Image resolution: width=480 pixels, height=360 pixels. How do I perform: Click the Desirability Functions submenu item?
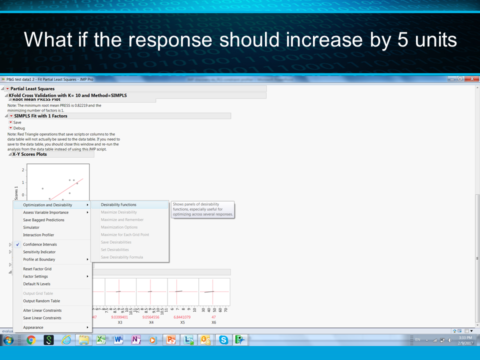pos(118,204)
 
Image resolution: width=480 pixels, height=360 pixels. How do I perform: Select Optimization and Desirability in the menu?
pos(47,204)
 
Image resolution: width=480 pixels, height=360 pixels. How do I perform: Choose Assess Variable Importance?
pos(45,212)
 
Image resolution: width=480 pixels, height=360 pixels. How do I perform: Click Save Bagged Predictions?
pos(43,220)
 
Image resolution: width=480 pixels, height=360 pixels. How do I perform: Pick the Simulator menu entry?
pos(31,227)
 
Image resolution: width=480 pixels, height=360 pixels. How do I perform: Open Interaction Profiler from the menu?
pos(38,235)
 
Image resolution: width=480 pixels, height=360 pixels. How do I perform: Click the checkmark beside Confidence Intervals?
pos(17,244)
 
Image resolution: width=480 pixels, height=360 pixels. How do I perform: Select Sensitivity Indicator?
pos(39,252)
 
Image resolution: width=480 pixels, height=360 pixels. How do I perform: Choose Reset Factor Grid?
pos(37,269)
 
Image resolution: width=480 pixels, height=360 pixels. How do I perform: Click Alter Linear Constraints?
pos(42,310)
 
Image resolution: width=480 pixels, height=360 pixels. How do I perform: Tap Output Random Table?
pos(41,301)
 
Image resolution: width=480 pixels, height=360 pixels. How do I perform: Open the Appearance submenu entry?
pos(33,327)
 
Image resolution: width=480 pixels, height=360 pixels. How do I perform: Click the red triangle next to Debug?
pos(10,128)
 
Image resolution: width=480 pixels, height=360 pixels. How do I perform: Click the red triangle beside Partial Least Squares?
pos(7,89)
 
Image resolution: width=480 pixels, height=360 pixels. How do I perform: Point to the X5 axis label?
pos(182,322)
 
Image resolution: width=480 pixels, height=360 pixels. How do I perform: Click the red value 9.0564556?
pos(151,317)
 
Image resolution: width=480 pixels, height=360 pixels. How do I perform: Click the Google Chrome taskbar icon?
pos(31,340)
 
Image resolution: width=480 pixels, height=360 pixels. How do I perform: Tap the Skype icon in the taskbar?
pos(223,340)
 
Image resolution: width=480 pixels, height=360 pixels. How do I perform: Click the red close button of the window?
pos(471,79)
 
